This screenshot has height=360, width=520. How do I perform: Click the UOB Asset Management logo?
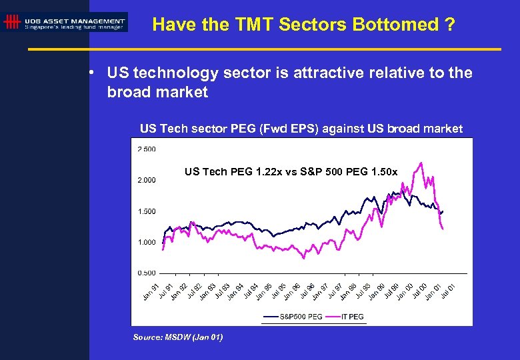64,22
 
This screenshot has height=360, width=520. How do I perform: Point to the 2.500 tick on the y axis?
147,149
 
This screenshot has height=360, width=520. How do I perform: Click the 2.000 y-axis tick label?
147,180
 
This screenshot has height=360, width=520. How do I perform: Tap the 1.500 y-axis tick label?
147,211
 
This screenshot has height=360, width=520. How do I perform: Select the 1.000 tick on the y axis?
147,242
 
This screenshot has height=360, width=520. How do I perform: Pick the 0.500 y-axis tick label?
147,273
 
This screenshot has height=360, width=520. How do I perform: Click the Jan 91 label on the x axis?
151,291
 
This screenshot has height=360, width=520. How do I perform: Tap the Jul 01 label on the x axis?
448,291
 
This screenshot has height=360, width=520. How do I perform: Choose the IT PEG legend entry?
352,317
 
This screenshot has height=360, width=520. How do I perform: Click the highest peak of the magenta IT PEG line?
421,162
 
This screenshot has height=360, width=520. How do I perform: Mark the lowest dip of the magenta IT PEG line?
305,258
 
